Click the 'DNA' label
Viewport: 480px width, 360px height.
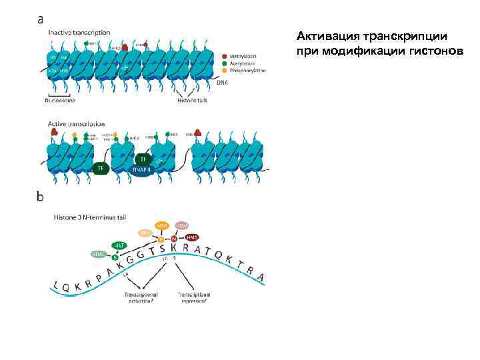click(x=223, y=83)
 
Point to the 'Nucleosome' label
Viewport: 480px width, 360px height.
click(x=60, y=101)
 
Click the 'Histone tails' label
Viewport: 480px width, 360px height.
click(x=193, y=101)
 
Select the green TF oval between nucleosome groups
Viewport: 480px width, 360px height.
click(x=101, y=168)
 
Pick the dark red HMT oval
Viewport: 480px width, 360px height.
click(x=192, y=237)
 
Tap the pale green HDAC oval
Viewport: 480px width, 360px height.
click(x=99, y=254)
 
